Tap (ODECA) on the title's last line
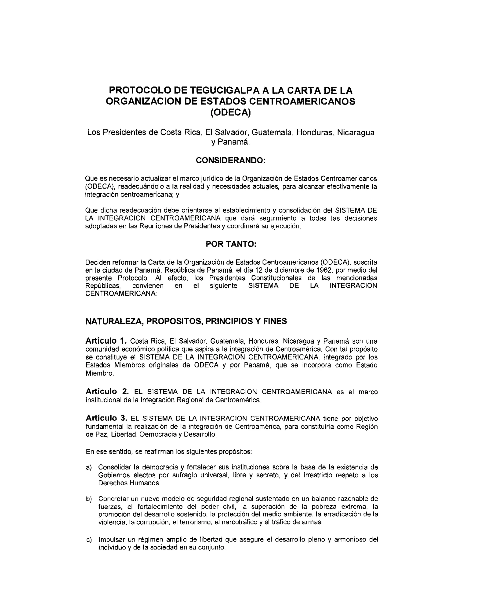coord(231,112)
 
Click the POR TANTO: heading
coord(231,244)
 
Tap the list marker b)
coord(89,499)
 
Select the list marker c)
coord(89,540)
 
